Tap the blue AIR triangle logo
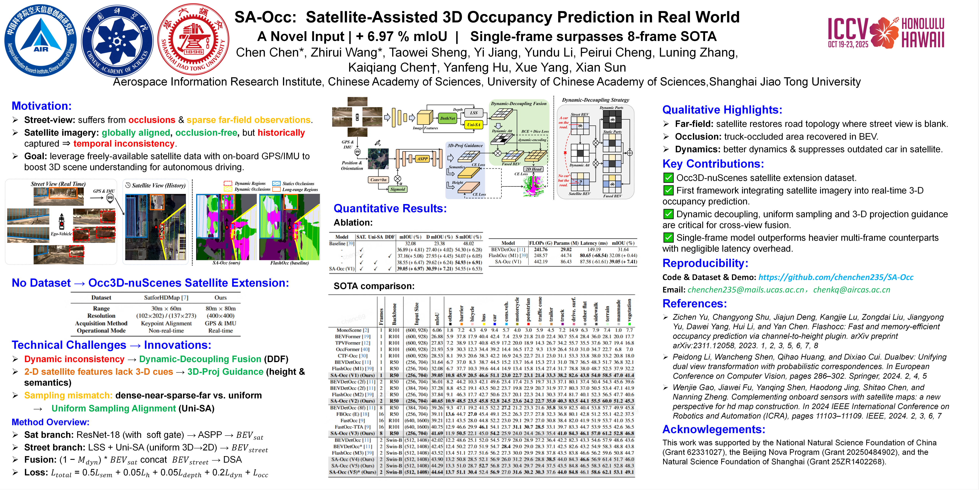tap(41, 40)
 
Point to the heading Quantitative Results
tap(390, 208)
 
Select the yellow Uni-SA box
tap(474, 124)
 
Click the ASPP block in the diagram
tap(422, 159)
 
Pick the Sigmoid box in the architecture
tap(398, 189)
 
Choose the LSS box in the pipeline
tap(474, 113)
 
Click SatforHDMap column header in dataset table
tap(166, 297)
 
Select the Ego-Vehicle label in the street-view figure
tap(61, 234)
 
